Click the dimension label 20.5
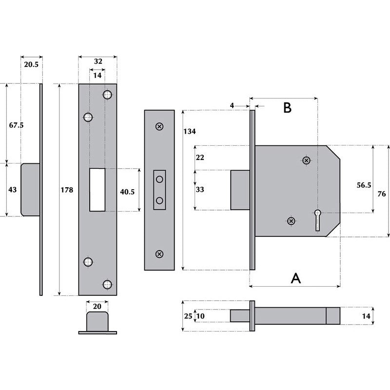(x=30, y=64)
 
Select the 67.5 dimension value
(x=16, y=125)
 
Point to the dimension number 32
(x=97, y=61)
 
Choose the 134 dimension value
(x=190, y=132)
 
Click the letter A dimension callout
(x=295, y=278)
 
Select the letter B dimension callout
(x=288, y=108)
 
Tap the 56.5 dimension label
(x=364, y=185)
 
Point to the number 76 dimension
(x=381, y=194)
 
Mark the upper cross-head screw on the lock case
(x=306, y=160)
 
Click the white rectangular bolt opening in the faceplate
(x=97, y=190)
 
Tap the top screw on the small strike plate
(x=159, y=127)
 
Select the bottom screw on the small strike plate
(x=159, y=253)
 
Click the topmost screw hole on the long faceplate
(x=108, y=94)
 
